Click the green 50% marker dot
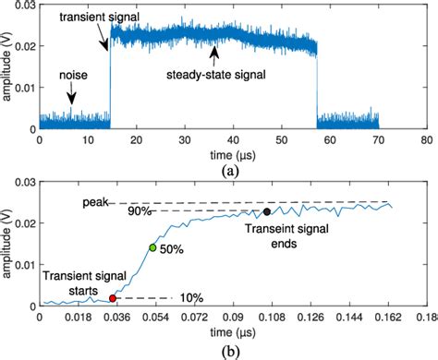coord(153,247)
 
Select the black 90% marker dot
coord(267,212)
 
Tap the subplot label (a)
coord(231,168)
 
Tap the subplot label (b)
coord(231,352)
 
